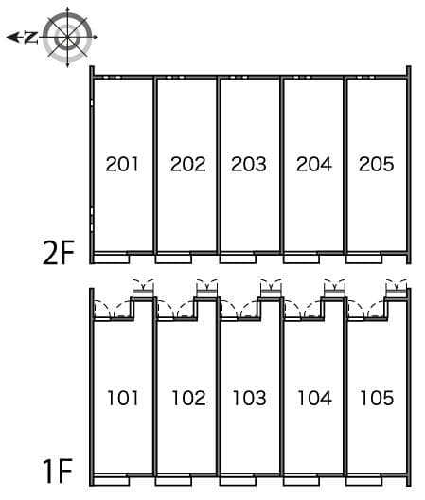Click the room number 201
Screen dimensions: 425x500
122,164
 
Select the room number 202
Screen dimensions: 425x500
187,164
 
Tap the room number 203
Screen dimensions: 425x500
249,164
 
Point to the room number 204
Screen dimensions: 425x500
314,164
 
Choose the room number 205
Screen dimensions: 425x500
376,164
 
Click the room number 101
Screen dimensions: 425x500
123,398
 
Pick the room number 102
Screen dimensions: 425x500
188,398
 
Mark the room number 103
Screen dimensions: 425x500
250,398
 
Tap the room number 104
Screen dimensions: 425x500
314,398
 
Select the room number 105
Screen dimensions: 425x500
377,398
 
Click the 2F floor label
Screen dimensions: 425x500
59,253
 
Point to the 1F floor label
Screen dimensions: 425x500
59,472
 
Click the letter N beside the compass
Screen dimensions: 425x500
31,37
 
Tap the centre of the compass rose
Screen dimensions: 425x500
67,37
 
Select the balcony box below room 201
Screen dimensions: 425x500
112,258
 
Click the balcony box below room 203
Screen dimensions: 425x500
238,258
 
